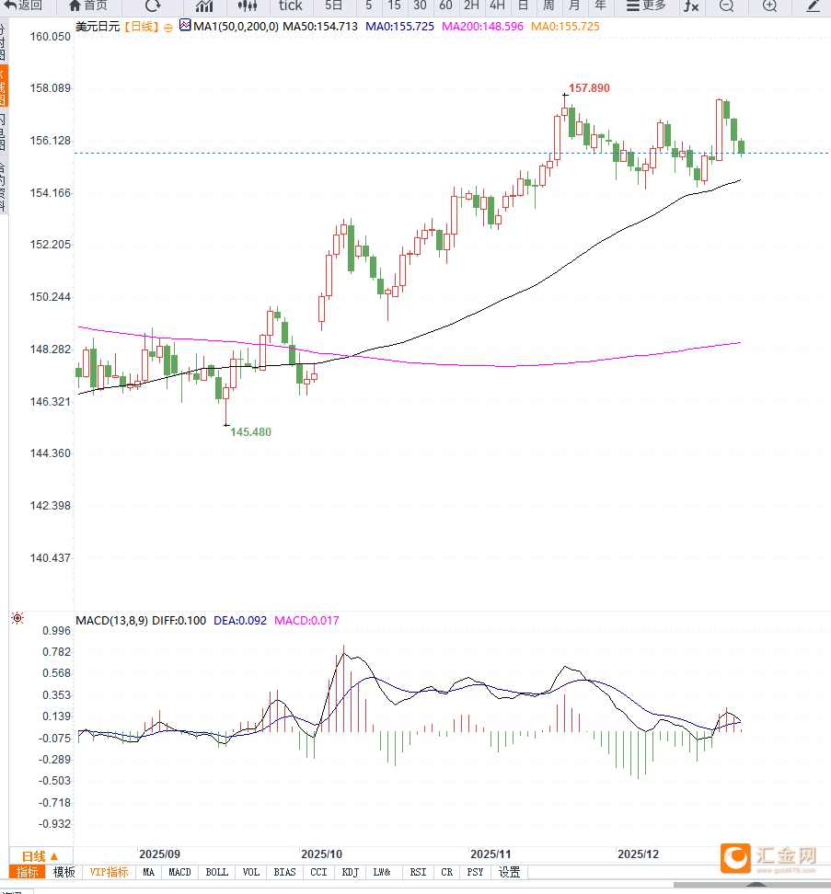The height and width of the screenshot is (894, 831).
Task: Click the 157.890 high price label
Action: click(x=589, y=88)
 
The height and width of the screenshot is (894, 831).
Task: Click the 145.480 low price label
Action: click(x=250, y=431)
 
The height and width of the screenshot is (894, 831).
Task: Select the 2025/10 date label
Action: click(x=321, y=854)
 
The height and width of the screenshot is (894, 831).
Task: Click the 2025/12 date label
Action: click(x=639, y=854)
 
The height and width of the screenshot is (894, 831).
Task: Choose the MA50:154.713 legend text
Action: click(x=319, y=27)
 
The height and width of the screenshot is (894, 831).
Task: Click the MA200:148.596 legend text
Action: click(x=482, y=27)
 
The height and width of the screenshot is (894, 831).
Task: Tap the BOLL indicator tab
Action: click(x=216, y=872)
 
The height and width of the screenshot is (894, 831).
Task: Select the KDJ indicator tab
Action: click(x=350, y=872)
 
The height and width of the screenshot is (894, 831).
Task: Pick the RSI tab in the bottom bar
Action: click(x=418, y=872)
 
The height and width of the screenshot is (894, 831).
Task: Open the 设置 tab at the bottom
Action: click(x=509, y=872)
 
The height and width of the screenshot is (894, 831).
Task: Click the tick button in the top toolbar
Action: click(x=290, y=6)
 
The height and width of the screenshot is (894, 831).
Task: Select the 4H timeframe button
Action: click(x=497, y=6)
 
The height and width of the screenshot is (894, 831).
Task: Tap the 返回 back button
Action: click(x=24, y=6)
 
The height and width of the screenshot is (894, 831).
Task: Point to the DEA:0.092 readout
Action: click(x=240, y=621)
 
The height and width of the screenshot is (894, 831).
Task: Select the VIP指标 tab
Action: click(x=109, y=872)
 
